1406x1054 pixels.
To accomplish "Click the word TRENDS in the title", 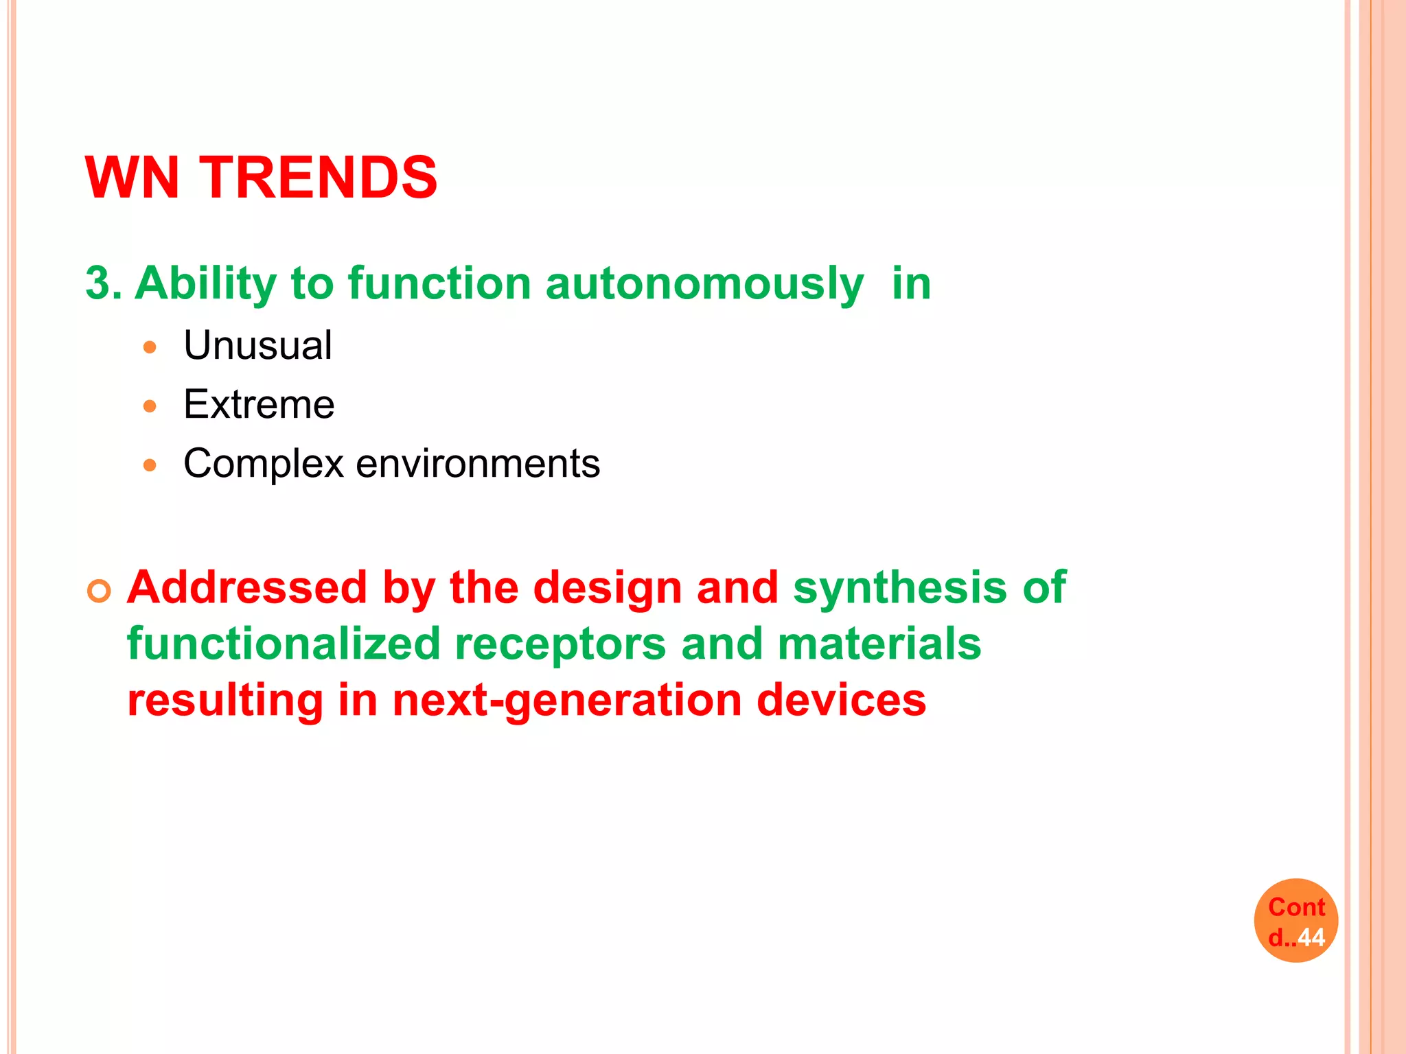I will (x=318, y=178).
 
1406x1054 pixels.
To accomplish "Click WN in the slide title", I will (x=132, y=178).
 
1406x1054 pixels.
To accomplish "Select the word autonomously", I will (x=704, y=284).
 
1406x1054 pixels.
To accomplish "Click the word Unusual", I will (x=257, y=345).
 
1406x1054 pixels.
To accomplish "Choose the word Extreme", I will (x=259, y=404).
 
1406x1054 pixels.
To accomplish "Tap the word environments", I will (x=478, y=464).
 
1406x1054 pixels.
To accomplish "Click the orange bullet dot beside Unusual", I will (x=150, y=347).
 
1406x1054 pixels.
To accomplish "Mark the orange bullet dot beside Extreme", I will (x=150, y=406).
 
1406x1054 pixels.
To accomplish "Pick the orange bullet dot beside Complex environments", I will (x=150, y=465).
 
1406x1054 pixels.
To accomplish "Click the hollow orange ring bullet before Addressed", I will (x=100, y=591).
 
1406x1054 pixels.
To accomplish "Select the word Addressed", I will (x=247, y=588).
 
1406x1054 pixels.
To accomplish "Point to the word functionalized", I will (x=284, y=644).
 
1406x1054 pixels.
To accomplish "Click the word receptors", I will (x=560, y=644).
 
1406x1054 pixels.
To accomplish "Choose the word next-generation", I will (x=567, y=701).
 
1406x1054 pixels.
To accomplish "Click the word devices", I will (x=842, y=700).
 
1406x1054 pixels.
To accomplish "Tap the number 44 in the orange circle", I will (x=1311, y=937).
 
